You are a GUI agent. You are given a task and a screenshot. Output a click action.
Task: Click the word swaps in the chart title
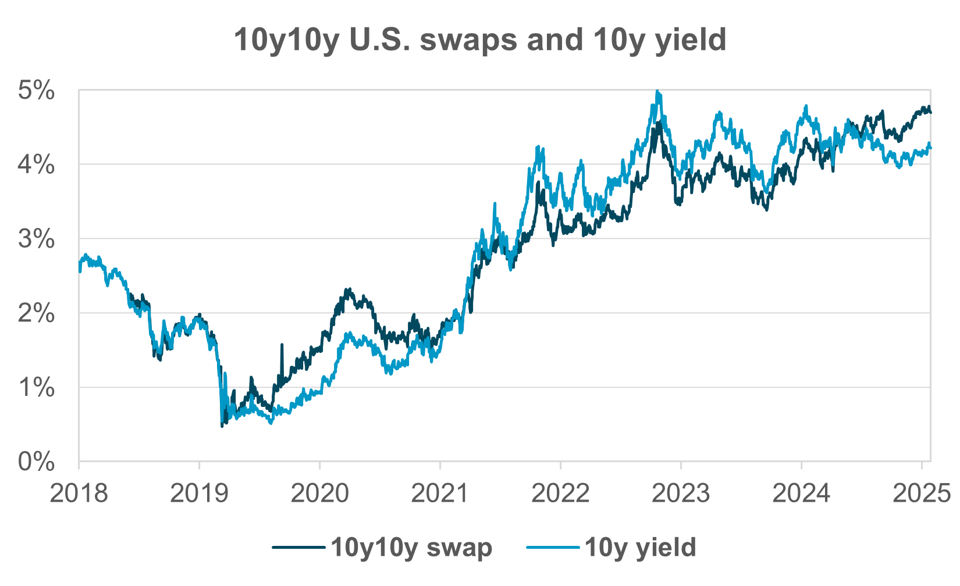coord(464,40)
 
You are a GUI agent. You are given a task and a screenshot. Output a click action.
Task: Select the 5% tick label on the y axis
coord(37,91)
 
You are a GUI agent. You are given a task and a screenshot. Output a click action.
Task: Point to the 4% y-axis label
coord(37,165)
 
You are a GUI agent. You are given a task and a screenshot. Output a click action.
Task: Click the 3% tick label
coord(37,239)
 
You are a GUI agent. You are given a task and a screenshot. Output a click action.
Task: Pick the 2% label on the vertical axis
coord(37,314)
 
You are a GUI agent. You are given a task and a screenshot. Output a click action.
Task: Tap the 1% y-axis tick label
coord(37,388)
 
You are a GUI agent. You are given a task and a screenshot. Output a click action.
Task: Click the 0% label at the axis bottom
coord(37,462)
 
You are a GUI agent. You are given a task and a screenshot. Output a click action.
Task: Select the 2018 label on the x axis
coord(79,493)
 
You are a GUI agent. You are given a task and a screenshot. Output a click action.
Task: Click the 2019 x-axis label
coord(199,493)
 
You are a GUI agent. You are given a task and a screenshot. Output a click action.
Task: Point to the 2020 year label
coord(319,493)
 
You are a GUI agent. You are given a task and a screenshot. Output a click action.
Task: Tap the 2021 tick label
coord(440,493)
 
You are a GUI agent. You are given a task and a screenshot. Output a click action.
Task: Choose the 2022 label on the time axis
coord(560,493)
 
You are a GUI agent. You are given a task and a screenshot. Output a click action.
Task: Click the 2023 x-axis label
coord(681,493)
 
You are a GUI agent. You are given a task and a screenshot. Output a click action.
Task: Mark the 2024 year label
coord(801,493)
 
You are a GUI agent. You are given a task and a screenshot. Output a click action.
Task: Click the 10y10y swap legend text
coord(411,548)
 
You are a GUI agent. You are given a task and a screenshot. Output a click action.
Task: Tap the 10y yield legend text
coord(640,548)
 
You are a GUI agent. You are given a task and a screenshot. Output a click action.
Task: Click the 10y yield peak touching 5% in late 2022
coord(657,92)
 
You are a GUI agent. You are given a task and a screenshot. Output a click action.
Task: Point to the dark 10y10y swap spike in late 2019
coord(282,346)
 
